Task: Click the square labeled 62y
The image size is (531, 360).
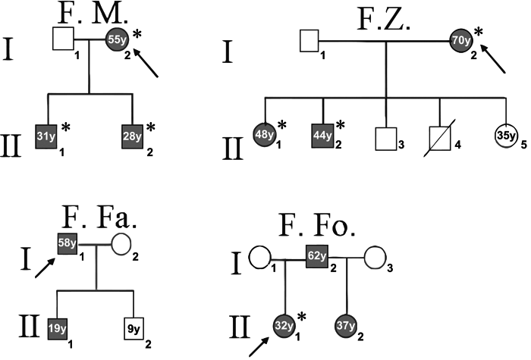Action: (x=317, y=256)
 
